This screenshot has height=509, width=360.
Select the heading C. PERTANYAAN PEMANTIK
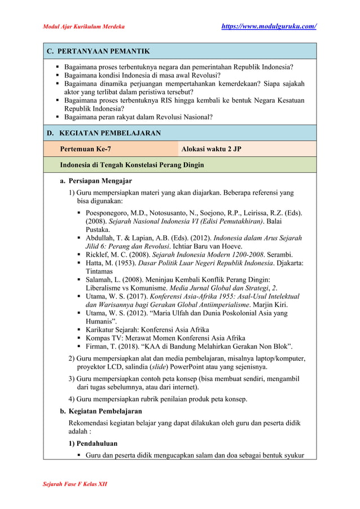pos(98,51)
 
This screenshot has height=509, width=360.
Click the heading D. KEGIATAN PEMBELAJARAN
pos(104,133)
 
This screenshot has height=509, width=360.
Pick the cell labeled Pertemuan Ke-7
pos(85,149)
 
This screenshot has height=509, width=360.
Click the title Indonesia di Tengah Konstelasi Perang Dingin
pos(132,165)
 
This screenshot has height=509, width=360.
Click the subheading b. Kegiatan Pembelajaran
pos(101,411)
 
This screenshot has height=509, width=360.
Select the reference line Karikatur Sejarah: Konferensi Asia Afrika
pos(147,330)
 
